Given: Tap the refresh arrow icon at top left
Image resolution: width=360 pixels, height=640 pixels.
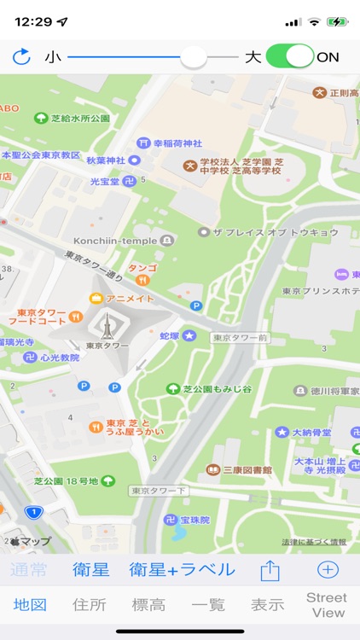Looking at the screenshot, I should pos(21,57).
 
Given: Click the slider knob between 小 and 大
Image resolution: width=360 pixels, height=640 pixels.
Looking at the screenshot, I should pos(195,57).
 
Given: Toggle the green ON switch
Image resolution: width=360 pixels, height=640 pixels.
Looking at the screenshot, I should pos(290,57).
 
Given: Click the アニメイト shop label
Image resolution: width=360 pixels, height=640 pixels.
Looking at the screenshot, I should pos(129,298).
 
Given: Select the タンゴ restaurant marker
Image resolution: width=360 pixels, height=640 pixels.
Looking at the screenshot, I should pos(143,273).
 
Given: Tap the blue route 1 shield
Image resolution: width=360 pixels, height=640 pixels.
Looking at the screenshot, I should pos(33,512).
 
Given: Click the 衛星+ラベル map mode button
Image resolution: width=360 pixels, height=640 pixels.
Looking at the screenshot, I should pos(182,569).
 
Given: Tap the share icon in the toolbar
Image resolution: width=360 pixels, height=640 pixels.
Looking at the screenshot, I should pos(270,570).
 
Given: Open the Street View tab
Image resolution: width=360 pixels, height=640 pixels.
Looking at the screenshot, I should pos(328,605).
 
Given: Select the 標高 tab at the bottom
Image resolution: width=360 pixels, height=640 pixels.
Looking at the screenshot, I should pos(148,605).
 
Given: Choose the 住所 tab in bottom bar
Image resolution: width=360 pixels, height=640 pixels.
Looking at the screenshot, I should pos(90,605).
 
